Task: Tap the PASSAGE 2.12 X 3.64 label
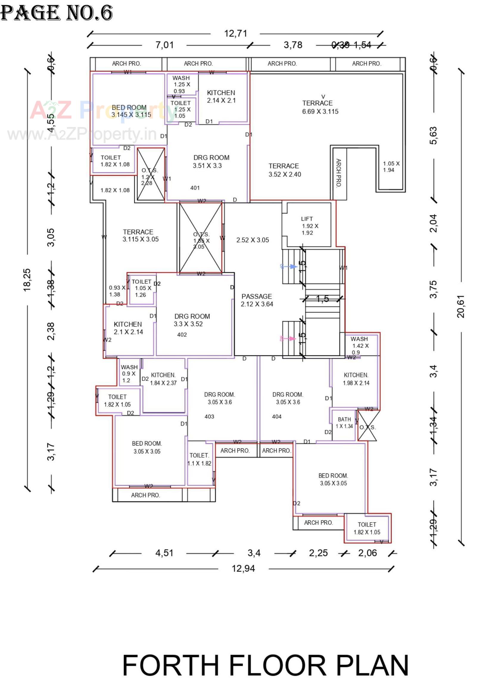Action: click(x=257, y=300)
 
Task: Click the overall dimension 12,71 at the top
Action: click(x=236, y=33)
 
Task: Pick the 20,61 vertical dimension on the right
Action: click(x=461, y=306)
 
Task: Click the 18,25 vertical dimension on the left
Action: click(x=27, y=280)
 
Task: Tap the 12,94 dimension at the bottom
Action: click(x=243, y=569)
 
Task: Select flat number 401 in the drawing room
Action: click(x=195, y=188)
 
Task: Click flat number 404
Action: click(x=276, y=416)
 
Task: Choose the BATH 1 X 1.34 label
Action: click(x=344, y=423)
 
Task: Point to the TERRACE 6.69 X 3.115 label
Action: click(x=320, y=107)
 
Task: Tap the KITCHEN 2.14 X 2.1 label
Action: click(x=221, y=96)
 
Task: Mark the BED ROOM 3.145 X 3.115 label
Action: click(x=131, y=111)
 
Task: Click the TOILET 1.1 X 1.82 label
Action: click(x=199, y=459)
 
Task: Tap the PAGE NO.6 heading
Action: click(x=57, y=13)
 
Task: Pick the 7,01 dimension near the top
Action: click(x=164, y=45)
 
